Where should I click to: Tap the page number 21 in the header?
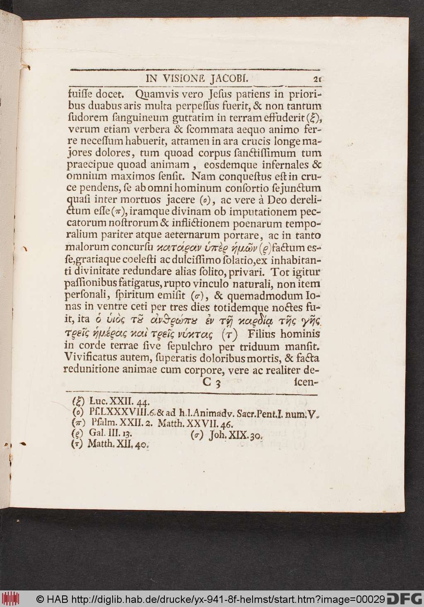317,79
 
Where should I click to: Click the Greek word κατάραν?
175,248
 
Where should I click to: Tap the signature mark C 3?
212,382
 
